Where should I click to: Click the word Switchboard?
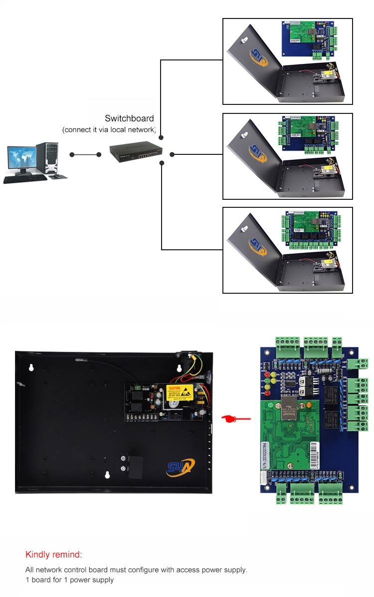point(129,118)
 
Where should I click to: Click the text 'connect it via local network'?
point(109,130)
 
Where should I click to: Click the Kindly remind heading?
point(53,555)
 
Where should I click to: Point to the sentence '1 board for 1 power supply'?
point(70,580)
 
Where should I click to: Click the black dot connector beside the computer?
point(73,154)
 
